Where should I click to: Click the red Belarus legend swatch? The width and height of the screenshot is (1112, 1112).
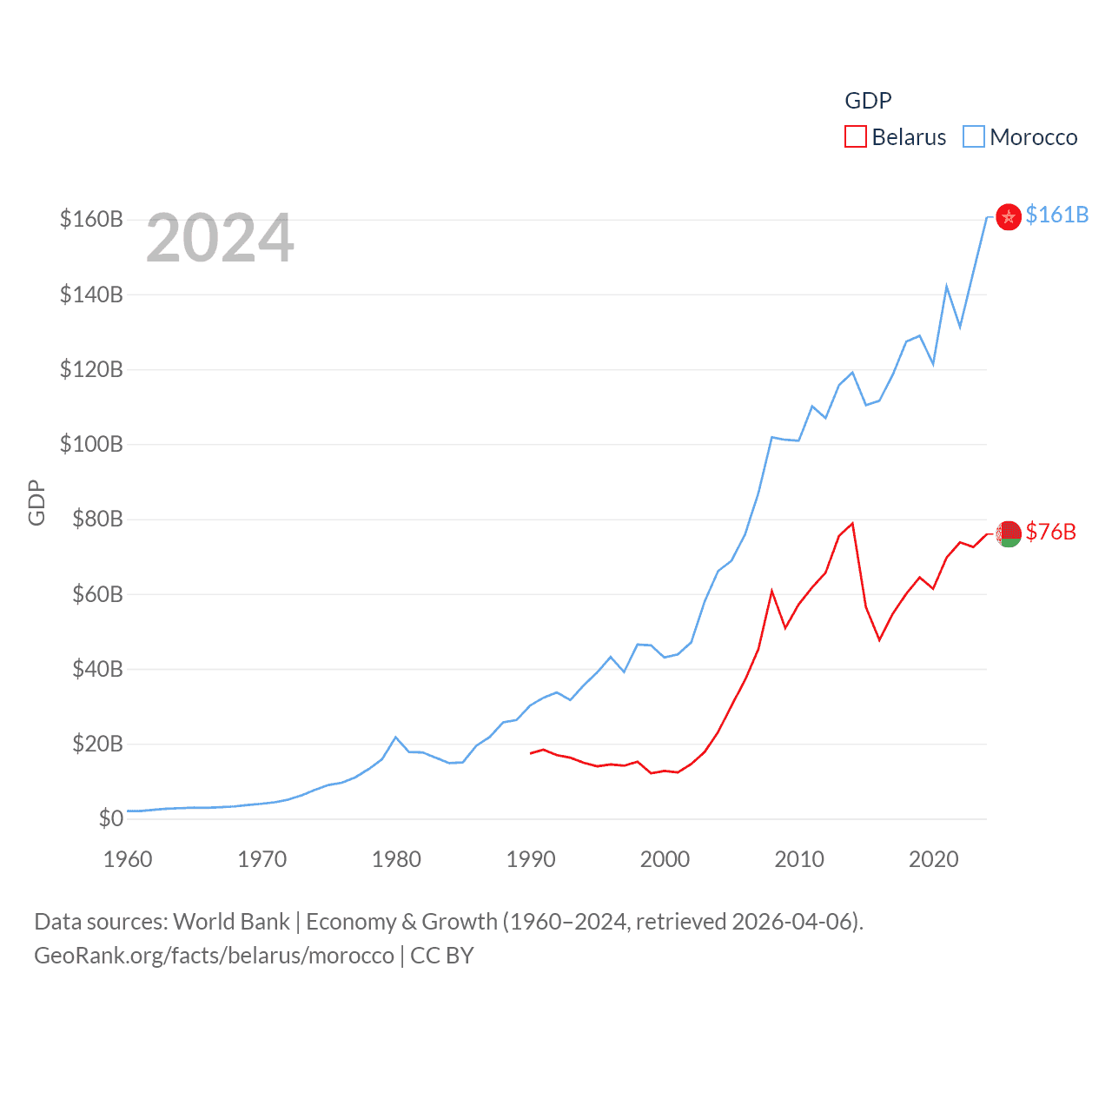pyautogui.click(x=856, y=137)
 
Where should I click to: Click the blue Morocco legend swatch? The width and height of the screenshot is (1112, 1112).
pyautogui.click(x=974, y=137)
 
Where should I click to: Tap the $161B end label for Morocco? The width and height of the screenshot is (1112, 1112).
pyautogui.click(x=1056, y=215)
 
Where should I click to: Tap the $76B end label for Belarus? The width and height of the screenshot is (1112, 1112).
pyautogui.click(x=1050, y=532)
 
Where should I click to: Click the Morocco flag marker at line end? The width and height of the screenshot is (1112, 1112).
pyautogui.click(x=1008, y=217)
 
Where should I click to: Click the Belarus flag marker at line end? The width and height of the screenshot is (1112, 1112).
pyautogui.click(x=1008, y=533)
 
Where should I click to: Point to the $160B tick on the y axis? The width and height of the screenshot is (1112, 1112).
pyautogui.click(x=91, y=219)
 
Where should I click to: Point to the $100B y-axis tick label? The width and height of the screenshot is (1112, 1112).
pyautogui.click(x=91, y=444)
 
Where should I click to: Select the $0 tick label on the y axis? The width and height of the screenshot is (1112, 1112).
pyautogui.click(x=110, y=818)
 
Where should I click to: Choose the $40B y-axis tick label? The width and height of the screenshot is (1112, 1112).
pyautogui.click(x=97, y=669)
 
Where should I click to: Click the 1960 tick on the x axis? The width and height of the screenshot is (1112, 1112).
pyautogui.click(x=128, y=859)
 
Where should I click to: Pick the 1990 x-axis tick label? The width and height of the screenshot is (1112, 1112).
pyautogui.click(x=531, y=859)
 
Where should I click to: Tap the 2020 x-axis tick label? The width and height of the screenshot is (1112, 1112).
pyautogui.click(x=933, y=859)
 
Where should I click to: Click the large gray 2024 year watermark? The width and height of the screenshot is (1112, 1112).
pyautogui.click(x=220, y=238)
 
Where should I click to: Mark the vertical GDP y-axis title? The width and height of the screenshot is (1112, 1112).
pyautogui.click(x=36, y=502)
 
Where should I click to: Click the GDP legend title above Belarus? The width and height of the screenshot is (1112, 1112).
pyautogui.click(x=868, y=101)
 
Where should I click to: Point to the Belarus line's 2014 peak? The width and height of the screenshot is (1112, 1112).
pyautogui.click(x=853, y=523)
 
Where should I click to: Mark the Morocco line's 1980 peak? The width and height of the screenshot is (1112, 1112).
pyautogui.click(x=396, y=738)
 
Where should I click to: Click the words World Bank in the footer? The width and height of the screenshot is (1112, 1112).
pyautogui.click(x=231, y=921)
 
